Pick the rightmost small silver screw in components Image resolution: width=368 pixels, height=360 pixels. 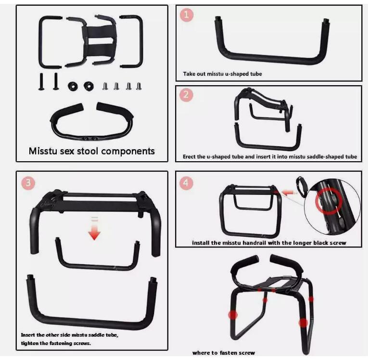(x=139, y=86)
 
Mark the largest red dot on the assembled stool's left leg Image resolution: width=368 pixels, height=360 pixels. (x=233, y=315)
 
